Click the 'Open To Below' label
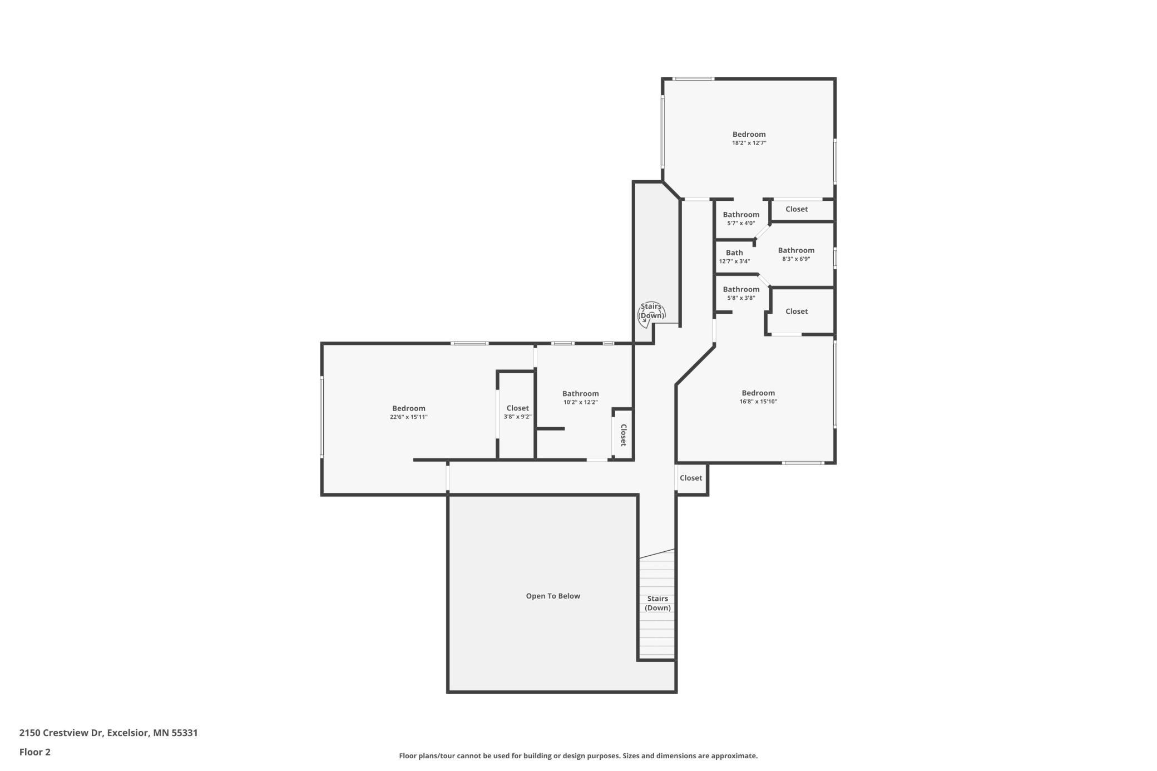(x=553, y=596)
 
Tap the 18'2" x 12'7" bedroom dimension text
(x=749, y=143)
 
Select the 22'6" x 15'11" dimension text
(x=409, y=417)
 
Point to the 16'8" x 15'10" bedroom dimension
(x=758, y=402)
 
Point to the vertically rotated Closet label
(x=624, y=435)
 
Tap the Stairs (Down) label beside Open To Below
(x=657, y=603)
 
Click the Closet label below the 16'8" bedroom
(x=691, y=478)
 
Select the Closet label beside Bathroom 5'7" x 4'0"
(x=797, y=209)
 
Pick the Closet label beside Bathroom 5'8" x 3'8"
(x=797, y=312)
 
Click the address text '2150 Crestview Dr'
(x=61, y=733)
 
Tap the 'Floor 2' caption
(x=35, y=752)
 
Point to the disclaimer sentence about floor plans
(x=578, y=756)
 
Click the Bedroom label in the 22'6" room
(x=409, y=408)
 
